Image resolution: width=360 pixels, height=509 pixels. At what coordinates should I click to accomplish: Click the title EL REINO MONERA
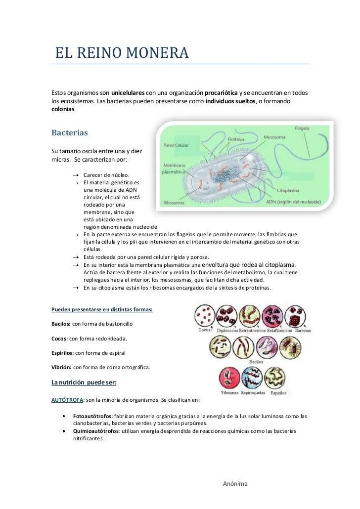pyautogui.click(x=122, y=52)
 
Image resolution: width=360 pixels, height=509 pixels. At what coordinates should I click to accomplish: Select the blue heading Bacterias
pyautogui.click(x=69, y=133)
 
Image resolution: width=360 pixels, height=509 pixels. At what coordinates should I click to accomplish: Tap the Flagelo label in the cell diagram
pyautogui.click(x=302, y=128)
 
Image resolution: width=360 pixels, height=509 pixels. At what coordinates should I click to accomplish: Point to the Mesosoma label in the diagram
pyautogui.click(x=274, y=137)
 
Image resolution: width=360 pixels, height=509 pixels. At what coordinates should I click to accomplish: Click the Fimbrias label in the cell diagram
pyautogui.click(x=236, y=140)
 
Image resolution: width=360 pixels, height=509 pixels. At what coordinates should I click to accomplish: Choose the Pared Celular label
pyautogui.click(x=176, y=145)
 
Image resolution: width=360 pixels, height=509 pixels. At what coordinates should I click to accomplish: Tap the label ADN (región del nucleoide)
pyautogui.click(x=294, y=202)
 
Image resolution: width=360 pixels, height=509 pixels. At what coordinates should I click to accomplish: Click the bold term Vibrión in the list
pyautogui.click(x=61, y=367)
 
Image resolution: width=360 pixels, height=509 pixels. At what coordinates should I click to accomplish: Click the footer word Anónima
pyautogui.click(x=235, y=484)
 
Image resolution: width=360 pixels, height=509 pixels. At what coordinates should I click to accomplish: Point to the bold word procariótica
pyautogui.click(x=221, y=92)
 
